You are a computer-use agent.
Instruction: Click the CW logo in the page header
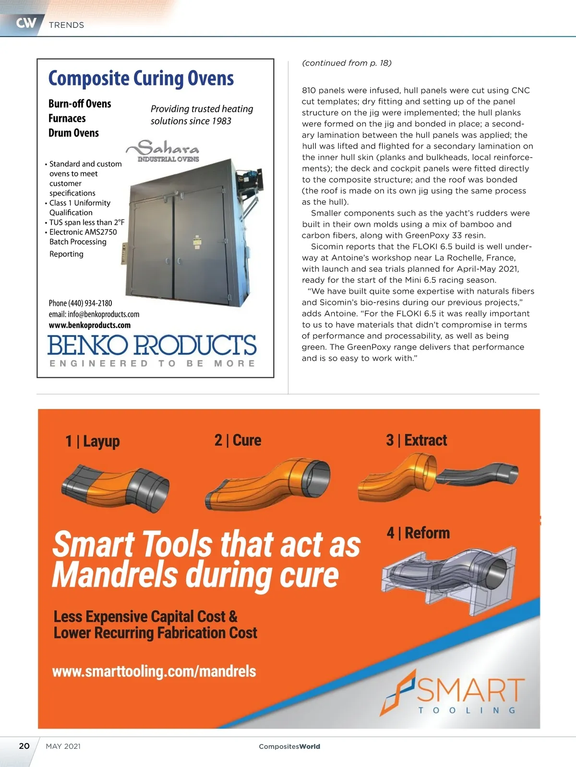click(x=26, y=23)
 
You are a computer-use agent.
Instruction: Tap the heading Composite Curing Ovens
click(x=141, y=78)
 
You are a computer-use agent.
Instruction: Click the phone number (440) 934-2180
click(x=80, y=303)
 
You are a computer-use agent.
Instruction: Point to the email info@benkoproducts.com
click(x=94, y=314)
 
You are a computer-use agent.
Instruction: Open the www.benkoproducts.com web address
click(x=90, y=325)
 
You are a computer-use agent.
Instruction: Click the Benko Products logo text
click(x=152, y=345)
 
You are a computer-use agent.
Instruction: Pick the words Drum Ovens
click(x=73, y=133)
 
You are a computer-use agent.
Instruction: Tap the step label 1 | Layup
click(x=93, y=441)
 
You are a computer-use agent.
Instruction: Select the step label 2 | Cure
click(x=238, y=440)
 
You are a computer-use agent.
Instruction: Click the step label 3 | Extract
click(x=417, y=440)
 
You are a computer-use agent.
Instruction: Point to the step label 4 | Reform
click(x=419, y=533)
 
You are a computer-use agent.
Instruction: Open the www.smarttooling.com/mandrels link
click(x=154, y=671)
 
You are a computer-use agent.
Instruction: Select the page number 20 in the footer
click(x=24, y=746)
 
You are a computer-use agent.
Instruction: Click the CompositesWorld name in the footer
click(x=289, y=746)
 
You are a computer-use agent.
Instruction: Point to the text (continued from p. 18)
click(x=347, y=63)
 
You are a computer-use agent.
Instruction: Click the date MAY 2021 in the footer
click(x=63, y=746)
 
